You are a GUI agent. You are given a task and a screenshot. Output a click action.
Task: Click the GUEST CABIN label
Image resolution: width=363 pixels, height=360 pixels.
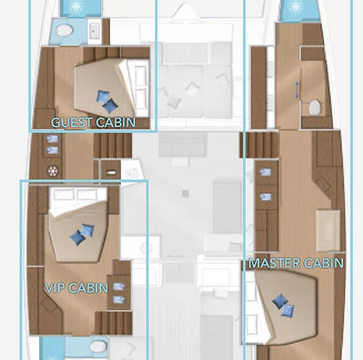click(x=94, y=123)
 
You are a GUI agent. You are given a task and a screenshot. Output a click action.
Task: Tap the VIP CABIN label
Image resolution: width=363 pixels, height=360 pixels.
click(x=77, y=288)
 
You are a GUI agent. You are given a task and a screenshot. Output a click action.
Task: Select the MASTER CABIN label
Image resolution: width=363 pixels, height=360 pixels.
click(x=296, y=263)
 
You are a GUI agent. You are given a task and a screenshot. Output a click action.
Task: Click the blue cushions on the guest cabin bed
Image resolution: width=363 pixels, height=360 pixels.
click(x=107, y=101)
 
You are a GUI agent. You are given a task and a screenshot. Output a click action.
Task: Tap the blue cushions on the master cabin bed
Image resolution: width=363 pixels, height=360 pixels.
click(x=283, y=305)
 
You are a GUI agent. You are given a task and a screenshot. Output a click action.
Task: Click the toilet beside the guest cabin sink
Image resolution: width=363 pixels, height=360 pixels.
click(x=65, y=31)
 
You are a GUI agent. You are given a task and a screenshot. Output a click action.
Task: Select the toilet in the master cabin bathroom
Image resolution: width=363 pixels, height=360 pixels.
click(x=315, y=107)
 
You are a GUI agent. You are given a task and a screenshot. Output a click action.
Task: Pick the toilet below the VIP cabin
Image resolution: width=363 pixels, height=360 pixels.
click(x=98, y=346)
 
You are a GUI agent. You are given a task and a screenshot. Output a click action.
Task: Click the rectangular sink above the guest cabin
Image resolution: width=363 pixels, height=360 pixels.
click(x=94, y=31)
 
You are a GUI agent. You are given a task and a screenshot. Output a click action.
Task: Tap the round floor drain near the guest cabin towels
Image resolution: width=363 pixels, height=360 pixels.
click(x=52, y=171)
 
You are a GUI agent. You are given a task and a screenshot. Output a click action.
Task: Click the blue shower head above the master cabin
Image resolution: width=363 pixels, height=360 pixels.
click(x=295, y=6)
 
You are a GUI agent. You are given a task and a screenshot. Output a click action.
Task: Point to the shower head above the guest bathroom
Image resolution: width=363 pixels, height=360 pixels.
click(x=75, y=6)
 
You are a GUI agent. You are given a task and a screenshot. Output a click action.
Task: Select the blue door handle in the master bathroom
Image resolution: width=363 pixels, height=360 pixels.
click(x=297, y=90)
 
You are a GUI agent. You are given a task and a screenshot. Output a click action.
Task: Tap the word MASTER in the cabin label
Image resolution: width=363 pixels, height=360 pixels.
click(x=274, y=263)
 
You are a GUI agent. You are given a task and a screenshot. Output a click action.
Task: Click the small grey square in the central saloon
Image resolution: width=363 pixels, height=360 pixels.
click(x=185, y=194)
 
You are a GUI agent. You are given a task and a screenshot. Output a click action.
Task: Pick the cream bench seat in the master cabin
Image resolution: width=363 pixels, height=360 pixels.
click(x=328, y=231)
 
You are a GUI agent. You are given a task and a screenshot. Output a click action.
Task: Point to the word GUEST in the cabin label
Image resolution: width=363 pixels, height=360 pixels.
click(x=72, y=123)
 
